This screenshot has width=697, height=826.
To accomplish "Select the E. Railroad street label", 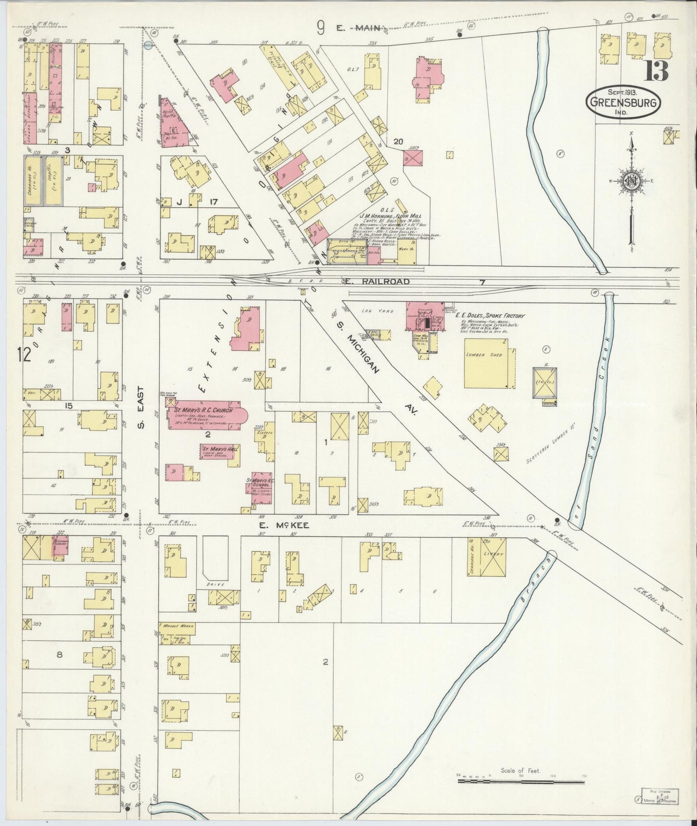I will [377, 281].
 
